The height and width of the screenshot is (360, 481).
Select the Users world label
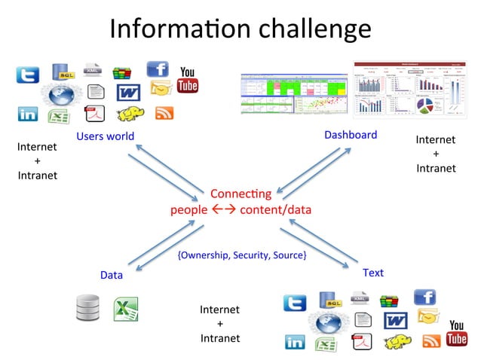pyautogui.click(x=105, y=136)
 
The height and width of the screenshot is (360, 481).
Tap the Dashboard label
pyautogui.click(x=351, y=135)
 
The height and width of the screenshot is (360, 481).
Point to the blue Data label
pyautogui.click(x=112, y=275)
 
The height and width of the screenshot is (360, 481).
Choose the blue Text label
pyautogui.click(x=373, y=272)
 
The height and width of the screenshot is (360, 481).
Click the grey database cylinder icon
pyautogui.click(x=88, y=309)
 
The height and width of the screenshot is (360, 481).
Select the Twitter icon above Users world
pyautogui.click(x=28, y=75)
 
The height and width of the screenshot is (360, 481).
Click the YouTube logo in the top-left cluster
pyautogui.click(x=187, y=81)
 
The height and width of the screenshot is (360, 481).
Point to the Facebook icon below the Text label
pyautogui.click(x=424, y=297)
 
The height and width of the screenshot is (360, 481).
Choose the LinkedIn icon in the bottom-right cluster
pyautogui.click(x=295, y=343)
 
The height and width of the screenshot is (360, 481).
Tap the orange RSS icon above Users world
pyautogui.click(x=164, y=114)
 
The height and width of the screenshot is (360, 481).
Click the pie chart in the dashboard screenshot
pyautogui.click(x=424, y=105)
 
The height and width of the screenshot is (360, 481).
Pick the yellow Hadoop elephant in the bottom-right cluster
pyautogui.click(x=397, y=343)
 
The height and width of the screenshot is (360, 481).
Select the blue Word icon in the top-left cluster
pyautogui.click(x=129, y=93)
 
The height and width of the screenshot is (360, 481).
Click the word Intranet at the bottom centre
pyautogui.click(x=220, y=338)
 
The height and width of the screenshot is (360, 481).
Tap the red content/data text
pyautogui.click(x=275, y=209)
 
